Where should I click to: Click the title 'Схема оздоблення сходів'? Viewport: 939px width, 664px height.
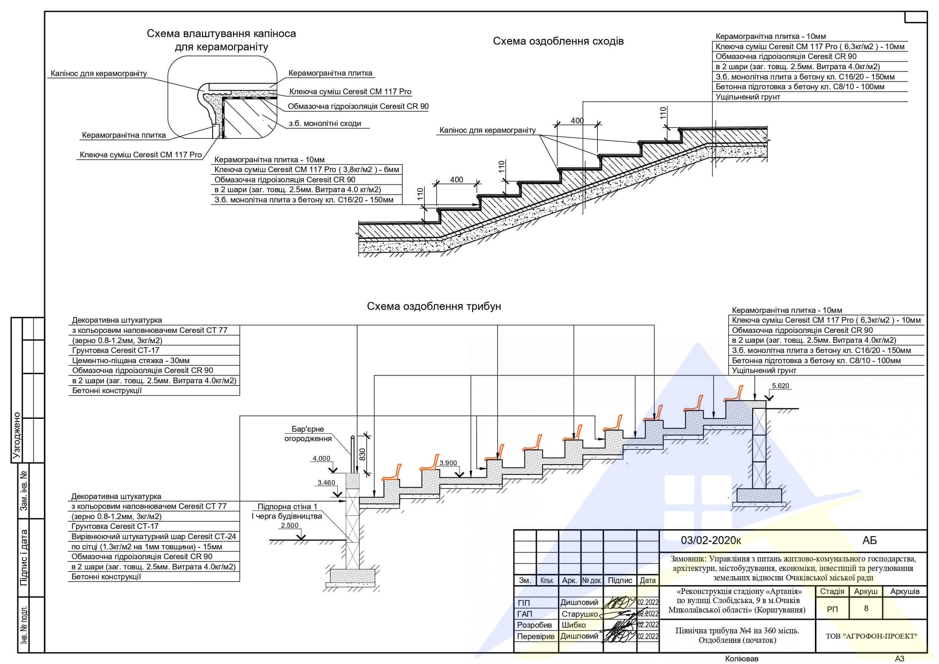pos(558,41)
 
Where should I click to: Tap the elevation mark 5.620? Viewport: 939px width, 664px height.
pos(780,386)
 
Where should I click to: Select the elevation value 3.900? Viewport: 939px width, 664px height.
pos(448,463)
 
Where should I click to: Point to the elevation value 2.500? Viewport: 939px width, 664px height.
pos(289,525)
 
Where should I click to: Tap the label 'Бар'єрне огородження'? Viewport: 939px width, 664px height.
pos(308,434)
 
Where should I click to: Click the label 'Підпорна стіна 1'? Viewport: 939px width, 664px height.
pos(287,507)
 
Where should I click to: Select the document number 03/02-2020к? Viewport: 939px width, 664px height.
pos(711,540)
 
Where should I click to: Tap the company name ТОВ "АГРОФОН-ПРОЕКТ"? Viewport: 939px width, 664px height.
pos(871,636)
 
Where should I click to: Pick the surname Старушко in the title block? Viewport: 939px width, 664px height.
pos(580,614)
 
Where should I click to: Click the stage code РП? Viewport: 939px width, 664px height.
pos(832,609)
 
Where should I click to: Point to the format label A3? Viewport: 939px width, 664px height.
pos(900,659)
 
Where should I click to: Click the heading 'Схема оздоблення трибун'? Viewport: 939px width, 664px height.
pos(434,306)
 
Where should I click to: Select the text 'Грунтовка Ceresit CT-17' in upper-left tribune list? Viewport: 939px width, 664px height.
pos(116,351)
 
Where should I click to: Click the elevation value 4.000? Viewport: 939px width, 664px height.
pos(322,459)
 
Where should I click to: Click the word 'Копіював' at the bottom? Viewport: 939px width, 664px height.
pos(742,659)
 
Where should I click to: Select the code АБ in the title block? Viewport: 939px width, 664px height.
pos(869,540)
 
